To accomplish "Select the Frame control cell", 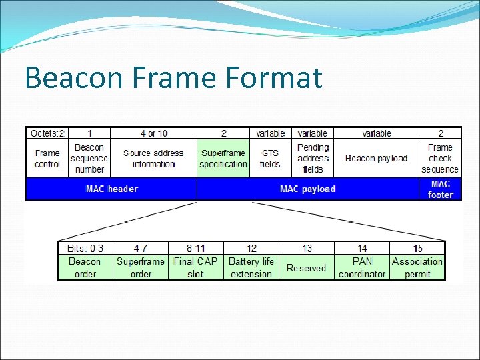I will pos(47,159).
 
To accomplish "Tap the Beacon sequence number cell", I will pos(89,159).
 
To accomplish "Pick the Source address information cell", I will pos(153,159).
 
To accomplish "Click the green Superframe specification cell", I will pos(223,159).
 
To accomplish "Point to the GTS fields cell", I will pos(270,159).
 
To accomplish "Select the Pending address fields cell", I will pos(313,159).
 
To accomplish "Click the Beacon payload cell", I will pos(376,159).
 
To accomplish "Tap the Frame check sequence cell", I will pos(440,159).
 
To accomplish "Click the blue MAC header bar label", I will pos(112,189).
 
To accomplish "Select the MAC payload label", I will pos(307,189).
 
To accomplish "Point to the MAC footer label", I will pos(440,189).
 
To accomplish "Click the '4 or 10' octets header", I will pos(153,133).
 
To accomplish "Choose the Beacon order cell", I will pos(85,267).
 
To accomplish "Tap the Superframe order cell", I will pos(141,267).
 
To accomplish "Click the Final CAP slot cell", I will pos(195,267).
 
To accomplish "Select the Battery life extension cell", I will pos(251,267).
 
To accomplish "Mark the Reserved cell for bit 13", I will pos(306,268).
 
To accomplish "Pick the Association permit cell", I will pos(417,267).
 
